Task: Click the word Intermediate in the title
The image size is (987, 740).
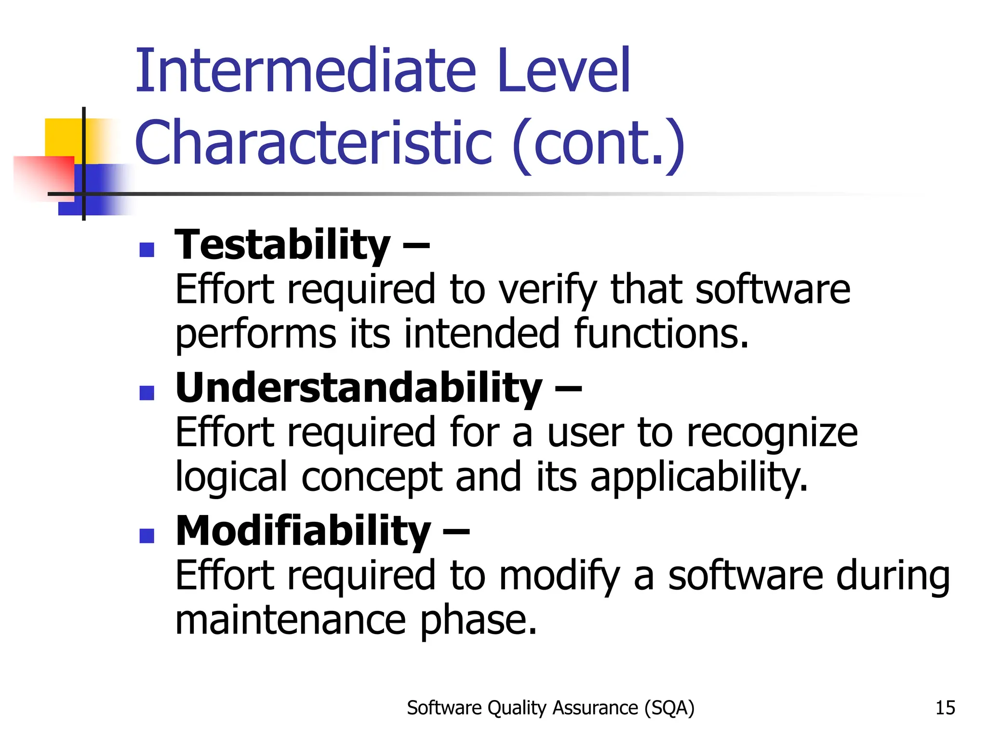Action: (306, 71)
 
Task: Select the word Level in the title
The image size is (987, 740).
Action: (563, 71)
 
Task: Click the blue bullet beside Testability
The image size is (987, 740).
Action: (147, 250)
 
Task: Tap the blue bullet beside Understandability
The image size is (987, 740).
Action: (147, 393)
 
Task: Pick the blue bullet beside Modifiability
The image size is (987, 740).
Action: (147, 536)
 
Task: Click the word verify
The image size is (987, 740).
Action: (547, 291)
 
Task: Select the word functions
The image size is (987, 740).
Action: (661, 334)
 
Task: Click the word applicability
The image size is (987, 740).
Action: (698, 477)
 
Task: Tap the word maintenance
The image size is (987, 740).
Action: (291, 620)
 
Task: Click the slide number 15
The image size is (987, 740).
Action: (945, 708)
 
